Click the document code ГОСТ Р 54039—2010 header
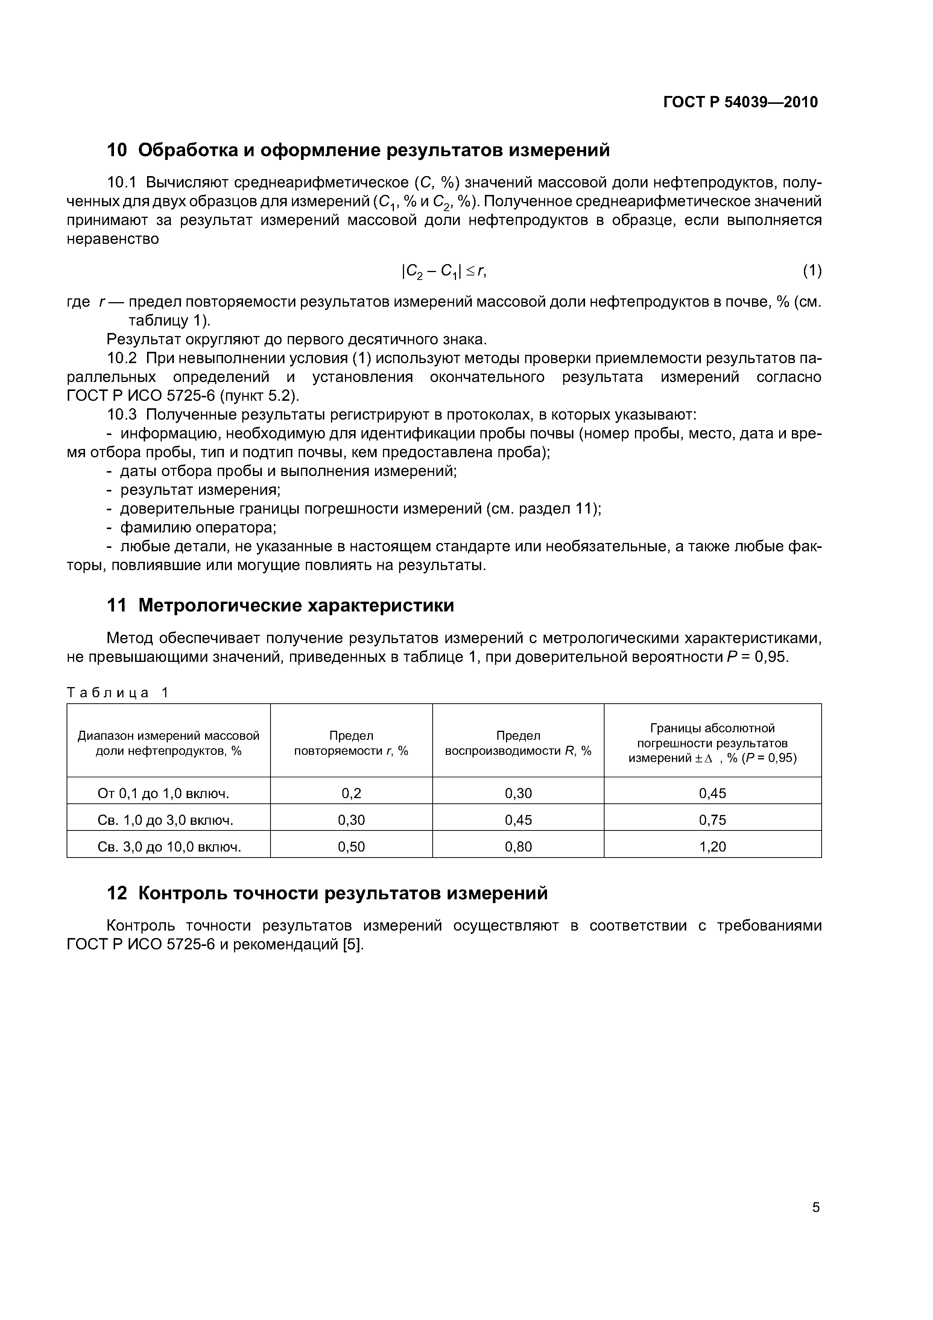[740, 102]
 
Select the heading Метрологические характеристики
[296, 605]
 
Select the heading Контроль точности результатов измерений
[343, 893]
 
